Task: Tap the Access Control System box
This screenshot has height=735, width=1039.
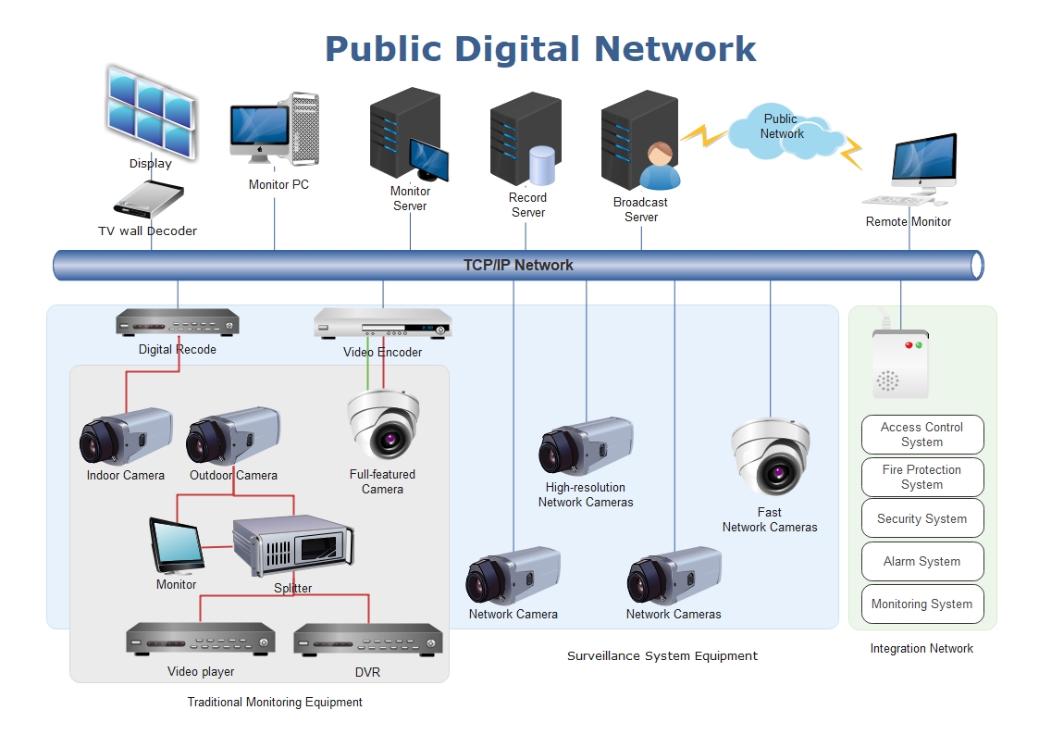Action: [x=921, y=434]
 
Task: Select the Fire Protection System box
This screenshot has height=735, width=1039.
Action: [x=921, y=477]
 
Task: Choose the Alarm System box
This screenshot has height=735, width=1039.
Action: [x=921, y=561]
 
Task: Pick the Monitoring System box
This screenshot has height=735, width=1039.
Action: [x=921, y=604]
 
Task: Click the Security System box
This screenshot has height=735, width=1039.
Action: [x=921, y=518]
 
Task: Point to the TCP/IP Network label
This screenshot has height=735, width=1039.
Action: [x=518, y=266]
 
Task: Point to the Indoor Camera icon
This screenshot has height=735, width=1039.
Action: [x=126, y=437]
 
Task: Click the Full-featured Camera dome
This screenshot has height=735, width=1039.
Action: [x=383, y=422]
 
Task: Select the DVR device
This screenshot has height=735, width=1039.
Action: [x=367, y=641]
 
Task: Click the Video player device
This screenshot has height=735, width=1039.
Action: [x=201, y=639]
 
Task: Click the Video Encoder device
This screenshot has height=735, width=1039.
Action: [x=382, y=324]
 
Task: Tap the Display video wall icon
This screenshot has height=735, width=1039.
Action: [x=150, y=111]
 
